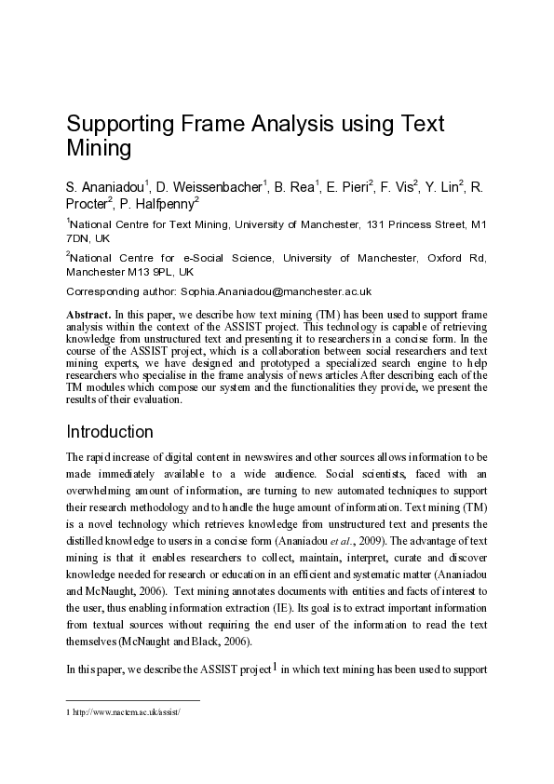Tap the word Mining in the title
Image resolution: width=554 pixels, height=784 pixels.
click(98, 148)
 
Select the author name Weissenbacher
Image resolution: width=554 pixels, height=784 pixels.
click(218, 188)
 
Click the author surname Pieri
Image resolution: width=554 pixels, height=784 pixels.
click(350, 188)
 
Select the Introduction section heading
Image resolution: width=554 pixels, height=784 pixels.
click(110, 432)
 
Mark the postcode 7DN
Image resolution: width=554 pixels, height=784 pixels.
click(78, 238)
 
